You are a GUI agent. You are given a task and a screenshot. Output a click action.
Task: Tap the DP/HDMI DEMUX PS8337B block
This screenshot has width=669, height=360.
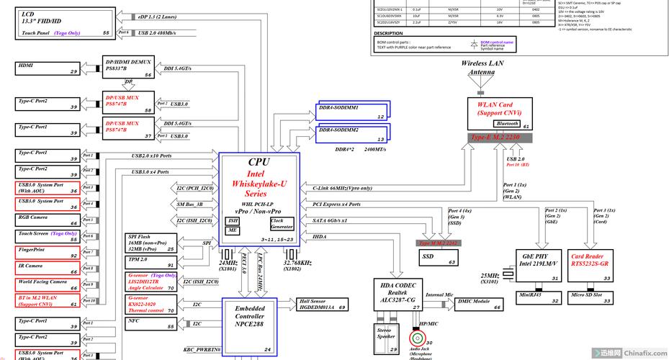[129, 68]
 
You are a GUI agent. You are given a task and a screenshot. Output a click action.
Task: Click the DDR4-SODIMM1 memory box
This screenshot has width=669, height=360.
[351, 110]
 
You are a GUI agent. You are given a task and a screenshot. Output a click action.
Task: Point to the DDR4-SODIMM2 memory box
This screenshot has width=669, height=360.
[351, 133]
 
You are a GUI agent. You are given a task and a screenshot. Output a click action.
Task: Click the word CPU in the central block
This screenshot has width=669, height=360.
[259, 163]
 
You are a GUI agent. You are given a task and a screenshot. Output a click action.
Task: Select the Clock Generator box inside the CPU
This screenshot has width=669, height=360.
[281, 224]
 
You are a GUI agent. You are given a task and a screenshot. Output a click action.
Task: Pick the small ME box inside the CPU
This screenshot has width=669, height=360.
[233, 230]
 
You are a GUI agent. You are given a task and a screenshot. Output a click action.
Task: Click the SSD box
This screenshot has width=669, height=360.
[439, 258]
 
